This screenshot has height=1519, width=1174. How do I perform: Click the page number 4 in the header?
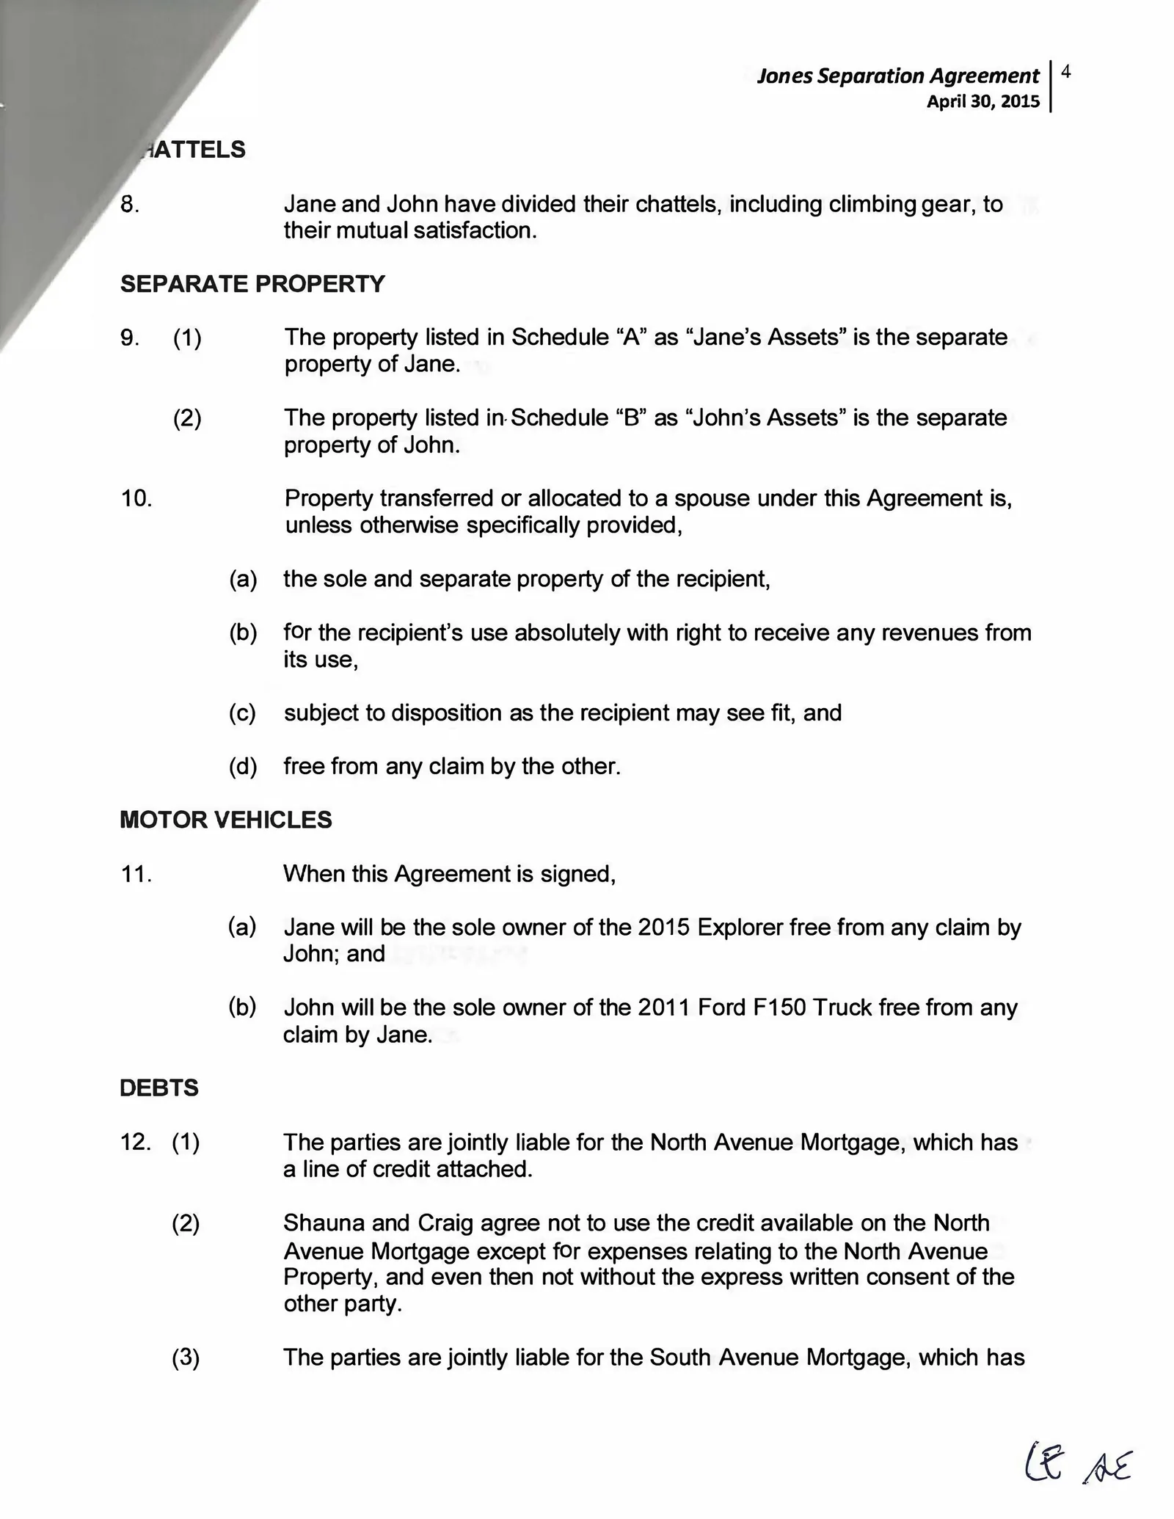[x=1066, y=71]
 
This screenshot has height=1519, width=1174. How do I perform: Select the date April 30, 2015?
[x=982, y=101]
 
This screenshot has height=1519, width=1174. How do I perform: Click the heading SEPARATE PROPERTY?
[x=252, y=284]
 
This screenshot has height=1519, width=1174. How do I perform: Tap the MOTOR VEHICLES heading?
[x=226, y=820]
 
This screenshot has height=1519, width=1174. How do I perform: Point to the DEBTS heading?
[x=159, y=1088]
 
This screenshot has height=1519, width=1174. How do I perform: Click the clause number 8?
[x=130, y=204]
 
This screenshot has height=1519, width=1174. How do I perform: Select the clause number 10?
[x=136, y=499]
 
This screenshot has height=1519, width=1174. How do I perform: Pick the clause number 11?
[x=136, y=874]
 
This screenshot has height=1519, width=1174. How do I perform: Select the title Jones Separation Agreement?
[x=897, y=76]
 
